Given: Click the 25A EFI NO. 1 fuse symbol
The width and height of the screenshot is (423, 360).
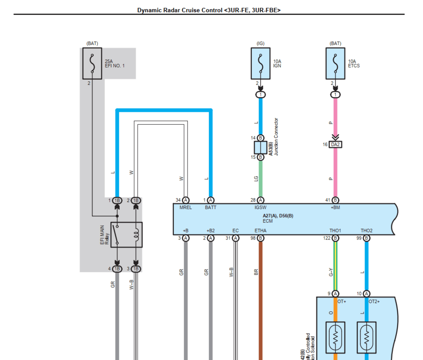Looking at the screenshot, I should (x=92, y=63).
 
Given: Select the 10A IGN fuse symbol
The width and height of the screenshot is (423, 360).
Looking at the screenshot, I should (x=261, y=63).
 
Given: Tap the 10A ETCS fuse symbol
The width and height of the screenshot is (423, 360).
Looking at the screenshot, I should (x=335, y=63).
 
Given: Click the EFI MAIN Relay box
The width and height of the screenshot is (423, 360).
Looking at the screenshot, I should (x=126, y=235).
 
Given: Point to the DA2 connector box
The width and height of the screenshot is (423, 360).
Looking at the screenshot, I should (x=335, y=145).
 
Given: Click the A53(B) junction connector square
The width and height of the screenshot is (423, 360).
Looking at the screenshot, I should (x=261, y=147).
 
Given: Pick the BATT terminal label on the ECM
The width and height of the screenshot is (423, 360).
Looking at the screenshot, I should (x=211, y=207).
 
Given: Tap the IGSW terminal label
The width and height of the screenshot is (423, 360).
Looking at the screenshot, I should (x=261, y=207).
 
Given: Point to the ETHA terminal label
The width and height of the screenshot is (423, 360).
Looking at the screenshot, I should (x=261, y=231).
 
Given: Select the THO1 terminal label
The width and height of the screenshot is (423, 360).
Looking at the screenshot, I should (x=335, y=231).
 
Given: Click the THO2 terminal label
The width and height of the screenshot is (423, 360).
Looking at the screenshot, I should (x=366, y=231).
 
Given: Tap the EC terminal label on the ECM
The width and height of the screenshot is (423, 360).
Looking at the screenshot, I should (x=236, y=231).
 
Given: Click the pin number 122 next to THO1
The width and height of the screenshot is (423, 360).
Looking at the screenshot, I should (x=327, y=238).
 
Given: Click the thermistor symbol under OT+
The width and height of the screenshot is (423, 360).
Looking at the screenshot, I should (x=335, y=338).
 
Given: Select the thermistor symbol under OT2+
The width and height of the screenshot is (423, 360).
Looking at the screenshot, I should (x=366, y=338).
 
